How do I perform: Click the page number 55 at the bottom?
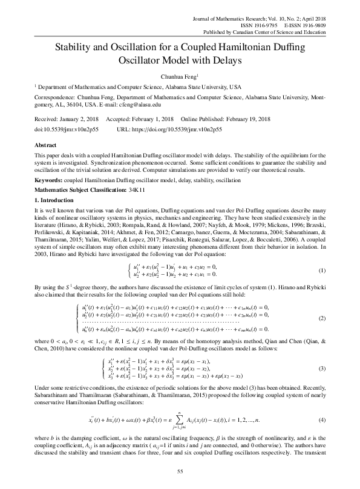click(180, 471)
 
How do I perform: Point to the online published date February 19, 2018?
click(249, 119)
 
